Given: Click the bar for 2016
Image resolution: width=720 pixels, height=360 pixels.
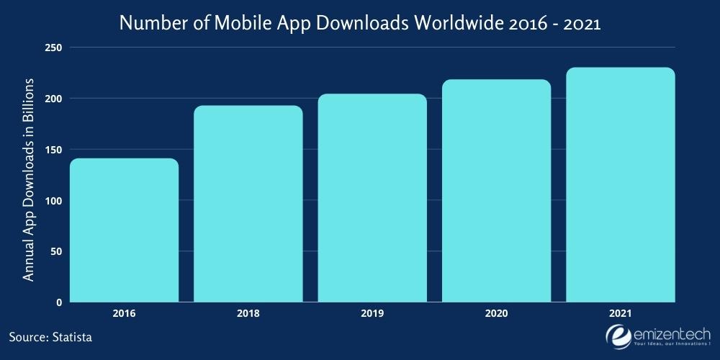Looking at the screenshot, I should coord(124,230).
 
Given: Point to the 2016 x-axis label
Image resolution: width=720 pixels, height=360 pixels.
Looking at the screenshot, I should coord(124,314).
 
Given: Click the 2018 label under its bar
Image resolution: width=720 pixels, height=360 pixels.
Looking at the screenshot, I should coord(248,314).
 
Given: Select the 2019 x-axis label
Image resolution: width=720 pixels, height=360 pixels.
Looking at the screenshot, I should coord(372,314).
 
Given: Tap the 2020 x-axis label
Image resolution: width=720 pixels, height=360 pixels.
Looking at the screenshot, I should coord(496,314).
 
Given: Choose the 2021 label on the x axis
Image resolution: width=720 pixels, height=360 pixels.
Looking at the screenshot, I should coord(620,314).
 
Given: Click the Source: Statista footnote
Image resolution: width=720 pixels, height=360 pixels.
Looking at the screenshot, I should coord(51,336).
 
